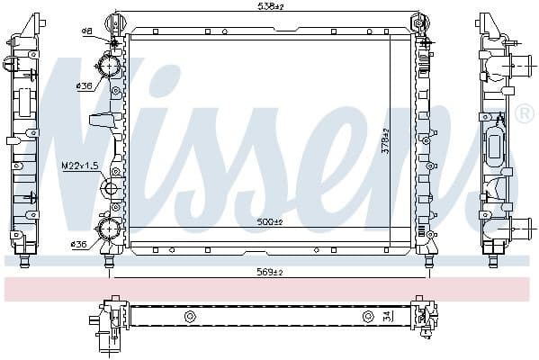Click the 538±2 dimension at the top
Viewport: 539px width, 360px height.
tap(269, 7)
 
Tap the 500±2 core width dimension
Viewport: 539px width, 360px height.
tap(269, 222)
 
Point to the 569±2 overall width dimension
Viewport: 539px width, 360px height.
tap(269, 273)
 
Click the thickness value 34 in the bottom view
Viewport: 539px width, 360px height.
tap(387, 316)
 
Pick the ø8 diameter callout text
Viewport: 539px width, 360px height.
tap(87, 31)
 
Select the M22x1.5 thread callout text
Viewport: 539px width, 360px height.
tap(79, 166)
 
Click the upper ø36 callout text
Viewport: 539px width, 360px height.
tap(85, 86)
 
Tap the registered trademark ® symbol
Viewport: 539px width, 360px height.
tap(525, 114)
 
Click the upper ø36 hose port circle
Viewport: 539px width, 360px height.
tap(111, 67)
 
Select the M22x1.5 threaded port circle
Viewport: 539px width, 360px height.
tap(112, 188)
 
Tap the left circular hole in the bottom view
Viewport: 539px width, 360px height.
tap(190, 316)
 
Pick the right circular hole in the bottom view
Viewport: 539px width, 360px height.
tap(367, 316)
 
